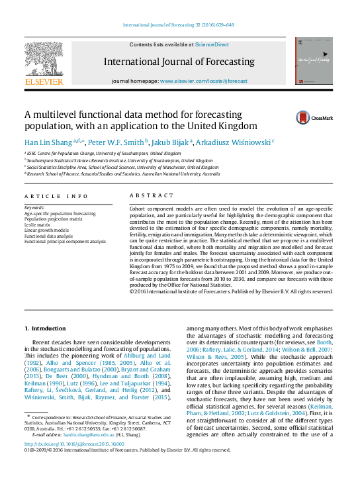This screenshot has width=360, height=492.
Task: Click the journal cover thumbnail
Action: [314, 60]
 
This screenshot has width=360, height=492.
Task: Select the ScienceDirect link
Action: [212, 44]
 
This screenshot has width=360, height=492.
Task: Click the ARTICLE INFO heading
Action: [56, 196]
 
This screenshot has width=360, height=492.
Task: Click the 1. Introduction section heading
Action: [45, 328]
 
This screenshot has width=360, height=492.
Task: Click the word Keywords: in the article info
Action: [35, 209]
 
